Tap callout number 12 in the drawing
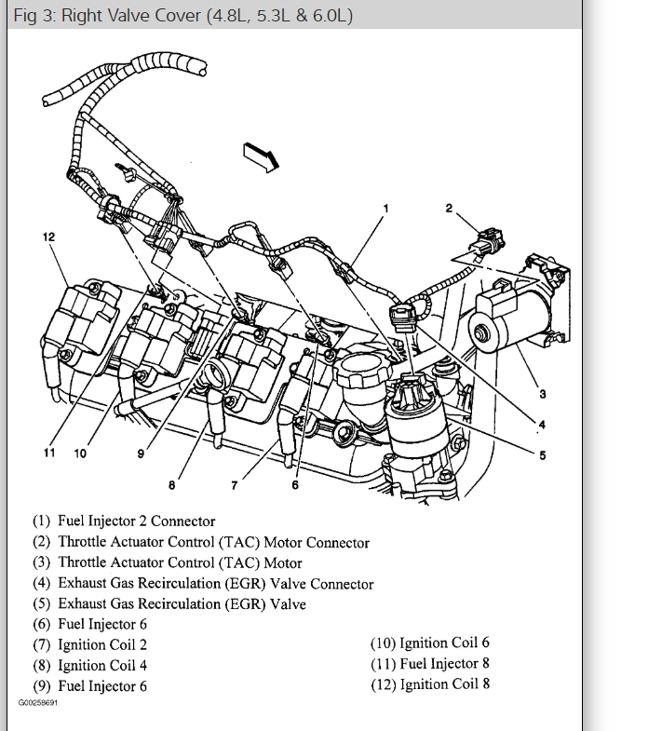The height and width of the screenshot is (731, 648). [48, 237]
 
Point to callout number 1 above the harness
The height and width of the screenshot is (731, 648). [385, 206]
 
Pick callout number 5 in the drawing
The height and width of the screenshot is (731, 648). [543, 455]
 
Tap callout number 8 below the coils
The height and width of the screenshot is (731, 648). [171, 483]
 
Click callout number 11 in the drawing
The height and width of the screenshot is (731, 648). [49, 453]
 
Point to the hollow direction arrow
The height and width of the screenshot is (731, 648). [261, 155]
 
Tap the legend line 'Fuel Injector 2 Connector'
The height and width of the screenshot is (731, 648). [136, 521]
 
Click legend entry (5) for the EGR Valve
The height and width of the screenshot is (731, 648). [182, 604]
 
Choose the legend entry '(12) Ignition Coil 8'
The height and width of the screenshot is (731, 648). [430, 684]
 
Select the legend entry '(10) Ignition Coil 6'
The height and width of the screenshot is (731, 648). [430, 643]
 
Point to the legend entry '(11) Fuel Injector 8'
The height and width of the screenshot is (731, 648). [430, 664]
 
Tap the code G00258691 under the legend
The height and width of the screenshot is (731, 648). [37, 702]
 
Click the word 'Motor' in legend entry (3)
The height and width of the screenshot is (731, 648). [283, 562]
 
